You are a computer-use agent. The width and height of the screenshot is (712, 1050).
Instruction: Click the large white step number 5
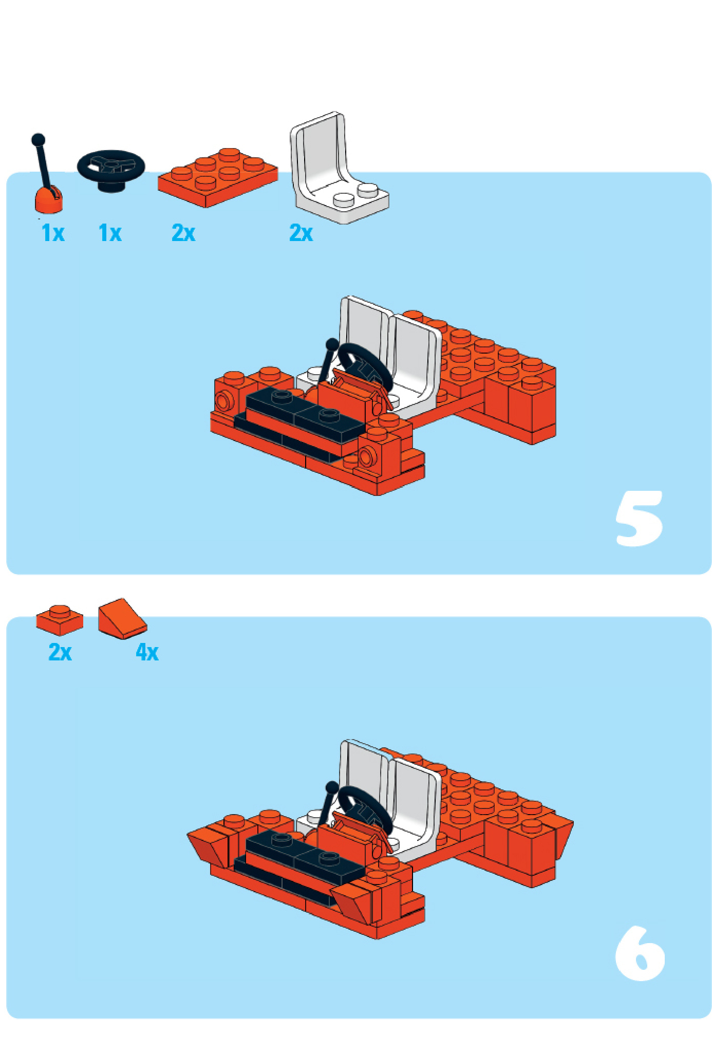[639, 518]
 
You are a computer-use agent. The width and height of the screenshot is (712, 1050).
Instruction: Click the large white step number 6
[640, 953]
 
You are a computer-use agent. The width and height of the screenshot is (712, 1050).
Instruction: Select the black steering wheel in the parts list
[111, 170]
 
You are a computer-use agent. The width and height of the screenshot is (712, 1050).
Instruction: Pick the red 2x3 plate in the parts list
[217, 177]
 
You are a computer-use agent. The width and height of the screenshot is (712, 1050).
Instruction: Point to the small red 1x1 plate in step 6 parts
[60, 619]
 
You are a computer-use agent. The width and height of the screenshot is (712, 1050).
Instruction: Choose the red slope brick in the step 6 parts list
[122, 619]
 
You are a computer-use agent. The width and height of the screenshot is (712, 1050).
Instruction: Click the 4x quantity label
[147, 652]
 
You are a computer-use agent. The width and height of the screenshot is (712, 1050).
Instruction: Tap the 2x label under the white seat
[301, 233]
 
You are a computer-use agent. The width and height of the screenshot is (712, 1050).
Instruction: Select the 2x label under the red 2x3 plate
[183, 233]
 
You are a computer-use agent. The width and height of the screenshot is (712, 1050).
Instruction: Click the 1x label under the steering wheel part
[110, 233]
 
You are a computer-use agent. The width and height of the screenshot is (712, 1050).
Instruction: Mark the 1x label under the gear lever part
[53, 233]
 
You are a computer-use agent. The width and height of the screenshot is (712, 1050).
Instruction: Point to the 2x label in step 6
[60, 652]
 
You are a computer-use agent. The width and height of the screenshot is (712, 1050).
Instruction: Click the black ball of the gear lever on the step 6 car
[332, 787]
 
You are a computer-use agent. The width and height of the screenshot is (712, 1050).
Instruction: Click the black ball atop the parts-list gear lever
[38, 140]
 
